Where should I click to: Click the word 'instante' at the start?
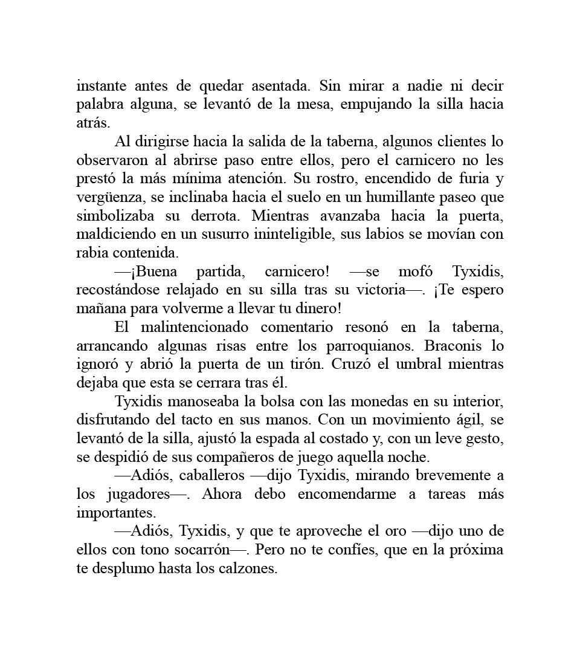(x=98, y=86)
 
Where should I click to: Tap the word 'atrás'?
(x=93, y=123)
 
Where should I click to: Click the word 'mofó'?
(x=416, y=271)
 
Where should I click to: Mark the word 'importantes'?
(x=116, y=513)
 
